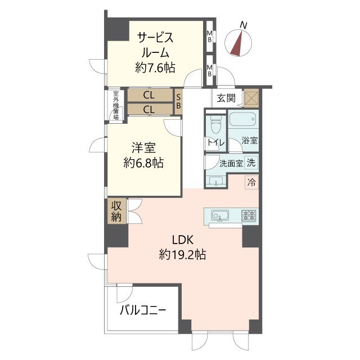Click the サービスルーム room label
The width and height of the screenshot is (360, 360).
point(155,45)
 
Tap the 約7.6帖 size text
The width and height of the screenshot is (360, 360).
point(155,67)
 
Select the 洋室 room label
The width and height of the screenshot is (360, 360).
point(143,147)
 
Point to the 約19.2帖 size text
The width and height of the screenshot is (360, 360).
point(182,255)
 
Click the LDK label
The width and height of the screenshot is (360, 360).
point(182,240)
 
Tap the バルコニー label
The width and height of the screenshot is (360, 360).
point(143,311)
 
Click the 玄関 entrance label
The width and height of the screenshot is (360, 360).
point(226,98)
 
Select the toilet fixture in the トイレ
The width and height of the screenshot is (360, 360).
point(215,125)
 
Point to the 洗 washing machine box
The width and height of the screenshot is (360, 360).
point(251,163)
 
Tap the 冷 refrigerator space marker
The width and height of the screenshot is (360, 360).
point(251,182)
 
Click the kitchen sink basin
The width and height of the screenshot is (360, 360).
point(220,216)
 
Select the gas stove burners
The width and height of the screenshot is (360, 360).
point(249,216)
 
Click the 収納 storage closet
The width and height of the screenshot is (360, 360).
point(117,211)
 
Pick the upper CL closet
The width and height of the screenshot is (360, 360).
point(150,95)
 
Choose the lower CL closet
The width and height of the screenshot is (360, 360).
point(150,109)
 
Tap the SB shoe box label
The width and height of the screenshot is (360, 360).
point(178,101)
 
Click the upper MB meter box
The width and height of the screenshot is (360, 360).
point(210,36)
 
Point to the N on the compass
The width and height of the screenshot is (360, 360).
point(244,25)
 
